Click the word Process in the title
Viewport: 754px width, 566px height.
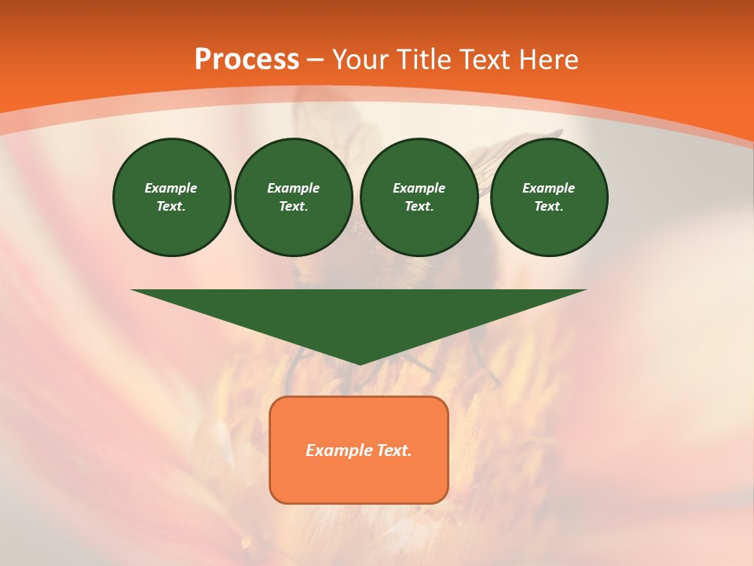coord(247,60)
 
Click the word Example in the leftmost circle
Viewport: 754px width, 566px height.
coord(171,188)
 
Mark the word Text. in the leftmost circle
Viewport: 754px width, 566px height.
coord(171,207)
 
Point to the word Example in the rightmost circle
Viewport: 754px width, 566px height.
coord(548,188)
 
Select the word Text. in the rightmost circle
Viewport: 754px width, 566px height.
coord(548,207)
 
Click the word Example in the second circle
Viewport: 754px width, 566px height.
coord(293,188)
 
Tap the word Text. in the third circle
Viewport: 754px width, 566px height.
coord(419,207)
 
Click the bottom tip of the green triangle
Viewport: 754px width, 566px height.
coord(359,362)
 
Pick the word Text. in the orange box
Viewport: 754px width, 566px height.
coord(393,450)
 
